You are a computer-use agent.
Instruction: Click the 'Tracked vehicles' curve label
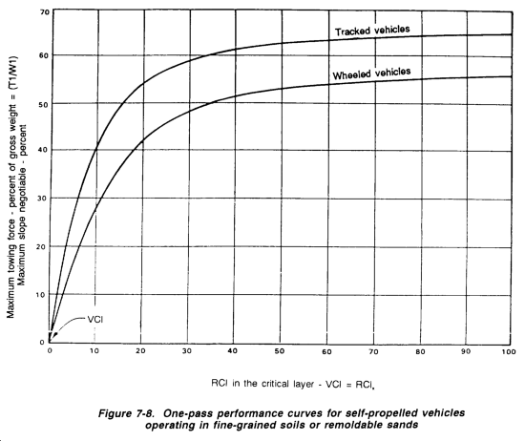coord(372,31)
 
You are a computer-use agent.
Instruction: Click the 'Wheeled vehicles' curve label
coord(371,73)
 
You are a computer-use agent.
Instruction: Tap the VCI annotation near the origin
coord(95,320)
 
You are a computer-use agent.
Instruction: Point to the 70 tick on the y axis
coord(45,12)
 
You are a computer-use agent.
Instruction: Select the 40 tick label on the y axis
coord(44,150)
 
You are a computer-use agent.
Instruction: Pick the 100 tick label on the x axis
coord(509,351)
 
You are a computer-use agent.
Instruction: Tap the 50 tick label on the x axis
coord(280,351)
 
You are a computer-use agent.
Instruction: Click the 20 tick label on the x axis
coord(140,351)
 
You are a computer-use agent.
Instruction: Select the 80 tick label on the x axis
coord(420,351)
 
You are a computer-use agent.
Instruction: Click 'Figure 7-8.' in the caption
coord(126,413)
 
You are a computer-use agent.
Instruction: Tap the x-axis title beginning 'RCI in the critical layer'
coord(293,384)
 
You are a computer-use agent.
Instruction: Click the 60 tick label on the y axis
coord(44,55)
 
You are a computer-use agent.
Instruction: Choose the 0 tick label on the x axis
coord(50,350)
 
